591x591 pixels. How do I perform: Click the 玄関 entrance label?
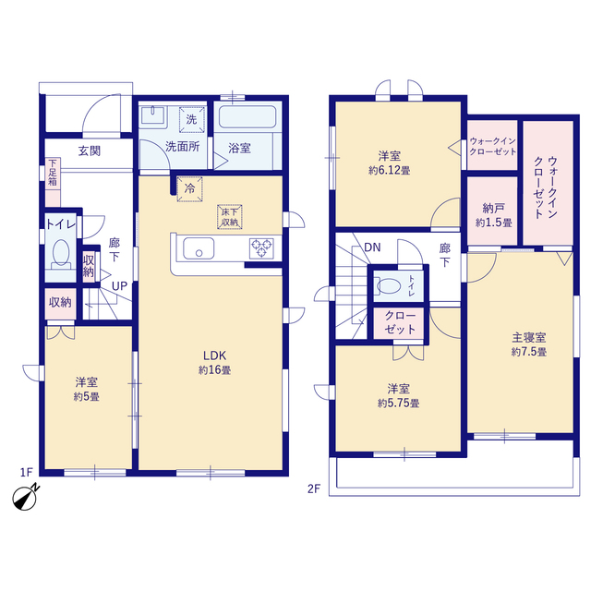[90, 151]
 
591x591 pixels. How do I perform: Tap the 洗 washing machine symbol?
[191, 118]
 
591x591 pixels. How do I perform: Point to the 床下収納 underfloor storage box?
[229, 215]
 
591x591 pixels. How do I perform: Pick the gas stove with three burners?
[261, 247]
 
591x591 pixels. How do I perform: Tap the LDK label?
[215, 354]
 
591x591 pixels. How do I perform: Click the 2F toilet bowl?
[391, 284]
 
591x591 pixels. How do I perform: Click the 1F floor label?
[26, 472]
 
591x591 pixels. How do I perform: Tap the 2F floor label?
[314, 488]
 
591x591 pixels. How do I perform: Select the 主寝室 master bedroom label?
[530, 337]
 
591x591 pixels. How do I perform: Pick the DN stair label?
[372, 247]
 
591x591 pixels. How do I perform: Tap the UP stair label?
[120, 285]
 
